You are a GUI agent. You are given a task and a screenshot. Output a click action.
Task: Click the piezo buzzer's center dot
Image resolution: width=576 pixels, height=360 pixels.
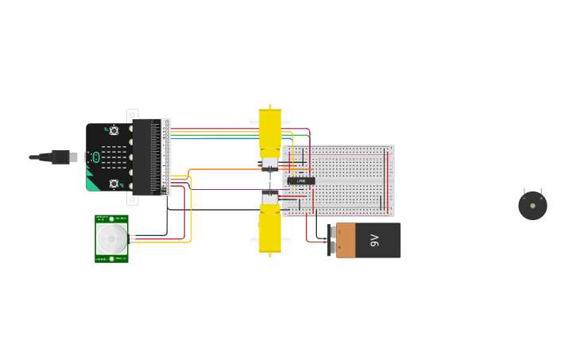[532, 206]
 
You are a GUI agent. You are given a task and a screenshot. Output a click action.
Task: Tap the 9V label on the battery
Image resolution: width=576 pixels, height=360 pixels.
[374, 240]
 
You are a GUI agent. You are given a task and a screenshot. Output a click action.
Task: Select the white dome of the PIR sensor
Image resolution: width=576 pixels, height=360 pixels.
[111, 238]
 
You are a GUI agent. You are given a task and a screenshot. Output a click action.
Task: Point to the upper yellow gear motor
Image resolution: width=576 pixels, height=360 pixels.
[270, 130]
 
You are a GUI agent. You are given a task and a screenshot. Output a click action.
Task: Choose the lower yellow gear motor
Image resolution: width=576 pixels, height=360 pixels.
[270, 232]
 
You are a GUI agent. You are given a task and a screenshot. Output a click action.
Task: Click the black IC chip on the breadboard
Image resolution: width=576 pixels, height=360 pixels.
[301, 181]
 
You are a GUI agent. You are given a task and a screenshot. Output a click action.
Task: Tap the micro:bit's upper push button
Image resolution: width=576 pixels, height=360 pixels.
[114, 131]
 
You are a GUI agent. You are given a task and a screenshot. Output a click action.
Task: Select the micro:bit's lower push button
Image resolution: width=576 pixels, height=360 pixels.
[114, 184]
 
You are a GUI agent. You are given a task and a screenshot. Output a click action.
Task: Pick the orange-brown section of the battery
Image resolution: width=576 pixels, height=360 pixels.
[346, 240]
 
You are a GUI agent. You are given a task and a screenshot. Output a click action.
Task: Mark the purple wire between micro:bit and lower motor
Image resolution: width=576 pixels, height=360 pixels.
[222, 189]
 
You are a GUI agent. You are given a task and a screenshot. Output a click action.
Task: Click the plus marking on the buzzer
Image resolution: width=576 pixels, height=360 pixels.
[541, 198]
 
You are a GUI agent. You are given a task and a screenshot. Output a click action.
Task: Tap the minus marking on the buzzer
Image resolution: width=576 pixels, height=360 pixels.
[524, 198]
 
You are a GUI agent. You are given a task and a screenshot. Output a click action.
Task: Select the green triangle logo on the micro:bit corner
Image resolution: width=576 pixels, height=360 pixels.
[93, 184]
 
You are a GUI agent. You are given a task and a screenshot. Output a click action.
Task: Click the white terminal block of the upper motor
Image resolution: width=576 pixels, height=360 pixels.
[270, 164]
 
